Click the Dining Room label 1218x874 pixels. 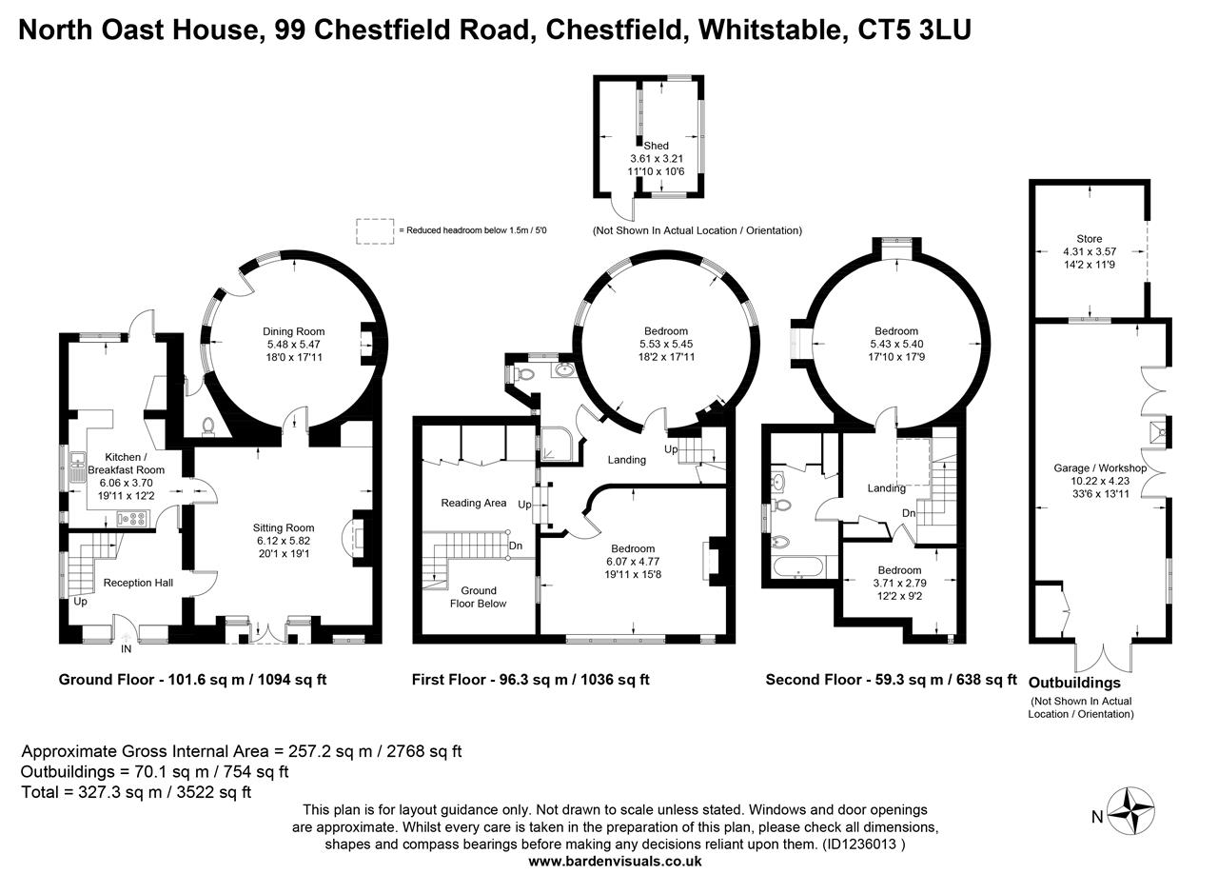click(294, 331)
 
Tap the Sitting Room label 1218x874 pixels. click(284, 527)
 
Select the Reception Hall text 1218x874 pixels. click(138, 583)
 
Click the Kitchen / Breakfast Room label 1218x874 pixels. click(127, 463)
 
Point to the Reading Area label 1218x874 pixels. click(474, 503)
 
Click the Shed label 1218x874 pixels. click(657, 146)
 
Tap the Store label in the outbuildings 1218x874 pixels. click(1090, 239)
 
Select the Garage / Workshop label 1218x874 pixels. click(1100, 468)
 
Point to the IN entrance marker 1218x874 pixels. click(127, 648)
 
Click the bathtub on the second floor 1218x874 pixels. click(797, 567)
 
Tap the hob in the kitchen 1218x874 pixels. click(132, 519)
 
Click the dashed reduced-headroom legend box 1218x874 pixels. click(375, 231)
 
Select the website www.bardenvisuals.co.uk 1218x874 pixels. click(615, 862)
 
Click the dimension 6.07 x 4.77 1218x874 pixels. click(633, 562)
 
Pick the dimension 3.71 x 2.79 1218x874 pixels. click(900, 583)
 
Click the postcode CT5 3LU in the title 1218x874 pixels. click(914, 30)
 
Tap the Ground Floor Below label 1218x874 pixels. click(479, 597)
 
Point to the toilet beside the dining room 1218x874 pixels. click(208, 427)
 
